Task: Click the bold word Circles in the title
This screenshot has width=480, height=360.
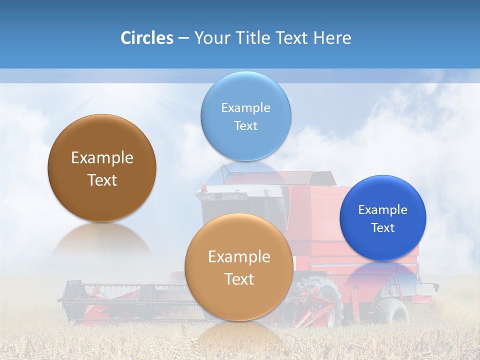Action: tap(147, 38)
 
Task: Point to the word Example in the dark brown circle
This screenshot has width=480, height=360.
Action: tap(102, 158)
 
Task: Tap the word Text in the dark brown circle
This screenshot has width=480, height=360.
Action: tap(102, 180)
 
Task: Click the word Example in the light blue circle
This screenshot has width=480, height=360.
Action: tap(245, 107)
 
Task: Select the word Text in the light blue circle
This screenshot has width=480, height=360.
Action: tap(245, 125)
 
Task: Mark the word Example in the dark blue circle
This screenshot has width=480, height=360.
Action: tap(383, 209)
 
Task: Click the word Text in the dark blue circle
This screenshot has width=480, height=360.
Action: tap(383, 227)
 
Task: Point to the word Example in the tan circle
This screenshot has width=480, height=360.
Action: tap(239, 256)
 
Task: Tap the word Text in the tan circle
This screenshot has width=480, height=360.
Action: tap(239, 279)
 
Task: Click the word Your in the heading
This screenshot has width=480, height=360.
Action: tap(210, 38)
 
